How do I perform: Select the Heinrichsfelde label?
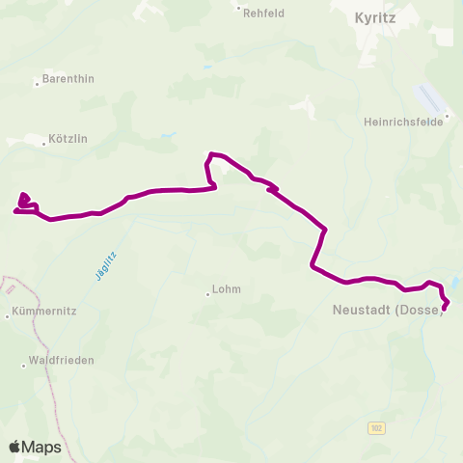coord(400,123)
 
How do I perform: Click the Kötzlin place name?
coord(68,139)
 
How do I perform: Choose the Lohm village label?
coord(227,288)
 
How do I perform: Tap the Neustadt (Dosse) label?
coord(387,310)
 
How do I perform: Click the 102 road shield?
coord(376,426)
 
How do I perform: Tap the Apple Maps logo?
coord(35,447)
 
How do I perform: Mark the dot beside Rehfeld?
coord(239,8)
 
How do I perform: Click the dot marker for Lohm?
coord(207,294)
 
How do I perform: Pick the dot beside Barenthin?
coord(37,84)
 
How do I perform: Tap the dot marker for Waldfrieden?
coord(24,366)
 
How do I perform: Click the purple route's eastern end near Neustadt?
coord(445,309)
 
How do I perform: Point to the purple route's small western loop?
coord(25,201)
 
